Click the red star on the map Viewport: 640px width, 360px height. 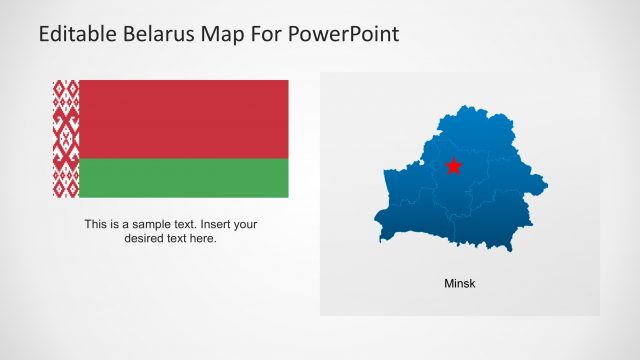pos(454,166)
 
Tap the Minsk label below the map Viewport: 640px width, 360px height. pos(460,284)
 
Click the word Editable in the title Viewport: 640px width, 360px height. pos(79,34)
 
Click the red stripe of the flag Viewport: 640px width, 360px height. pos(183,118)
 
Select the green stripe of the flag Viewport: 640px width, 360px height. pos(183,177)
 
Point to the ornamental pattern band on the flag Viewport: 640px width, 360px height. pos(65,138)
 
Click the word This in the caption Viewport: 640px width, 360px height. pos(96,225)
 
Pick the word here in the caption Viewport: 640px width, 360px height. pos(204,239)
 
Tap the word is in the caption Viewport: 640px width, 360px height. pos(116,225)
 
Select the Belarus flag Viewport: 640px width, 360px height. pos(170,138)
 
